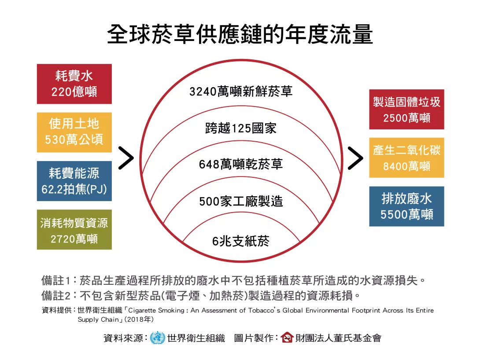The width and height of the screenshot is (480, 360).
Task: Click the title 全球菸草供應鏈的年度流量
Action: click(x=240, y=34)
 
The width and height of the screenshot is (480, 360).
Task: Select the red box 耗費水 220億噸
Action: click(x=74, y=84)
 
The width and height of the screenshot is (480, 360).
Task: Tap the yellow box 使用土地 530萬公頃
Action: click(x=74, y=132)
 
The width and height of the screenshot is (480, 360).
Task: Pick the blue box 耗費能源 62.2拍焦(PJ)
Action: click(x=74, y=181)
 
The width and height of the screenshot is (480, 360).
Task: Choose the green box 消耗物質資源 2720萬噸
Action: click(x=74, y=230)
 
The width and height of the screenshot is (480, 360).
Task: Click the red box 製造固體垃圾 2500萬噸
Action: click(x=406, y=110)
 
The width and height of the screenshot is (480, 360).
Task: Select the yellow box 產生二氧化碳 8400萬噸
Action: click(x=406, y=158)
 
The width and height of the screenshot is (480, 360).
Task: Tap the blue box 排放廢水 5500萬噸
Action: click(x=406, y=206)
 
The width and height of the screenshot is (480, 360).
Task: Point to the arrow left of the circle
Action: click(x=126, y=158)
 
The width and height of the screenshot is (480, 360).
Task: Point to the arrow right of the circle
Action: click(x=355, y=158)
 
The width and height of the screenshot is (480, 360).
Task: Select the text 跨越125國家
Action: click(x=240, y=128)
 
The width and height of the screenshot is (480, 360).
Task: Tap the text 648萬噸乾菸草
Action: click(x=240, y=165)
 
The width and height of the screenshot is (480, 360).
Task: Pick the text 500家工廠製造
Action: click(x=240, y=202)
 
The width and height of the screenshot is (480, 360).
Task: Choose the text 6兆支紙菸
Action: click(x=240, y=241)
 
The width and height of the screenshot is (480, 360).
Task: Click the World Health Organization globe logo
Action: click(x=158, y=338)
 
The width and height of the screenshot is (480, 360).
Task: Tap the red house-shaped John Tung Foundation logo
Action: click(x=287, y=338)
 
